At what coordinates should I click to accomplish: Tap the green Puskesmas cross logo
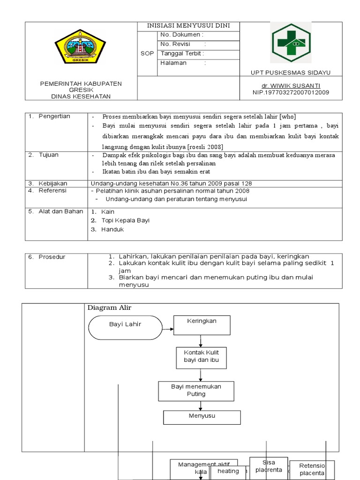(290, 43)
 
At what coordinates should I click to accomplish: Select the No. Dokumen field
(199, 35)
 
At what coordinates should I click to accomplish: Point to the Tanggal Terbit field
(199, 53)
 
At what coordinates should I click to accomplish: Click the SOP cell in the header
(147, 53)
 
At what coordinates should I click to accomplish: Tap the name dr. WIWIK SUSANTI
(291, 86)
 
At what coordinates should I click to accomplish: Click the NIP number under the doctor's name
(291, 92)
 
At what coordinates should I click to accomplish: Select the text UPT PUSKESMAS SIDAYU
(291, 73)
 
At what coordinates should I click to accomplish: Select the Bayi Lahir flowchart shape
(125, 324)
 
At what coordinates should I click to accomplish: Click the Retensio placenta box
(312, 469)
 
